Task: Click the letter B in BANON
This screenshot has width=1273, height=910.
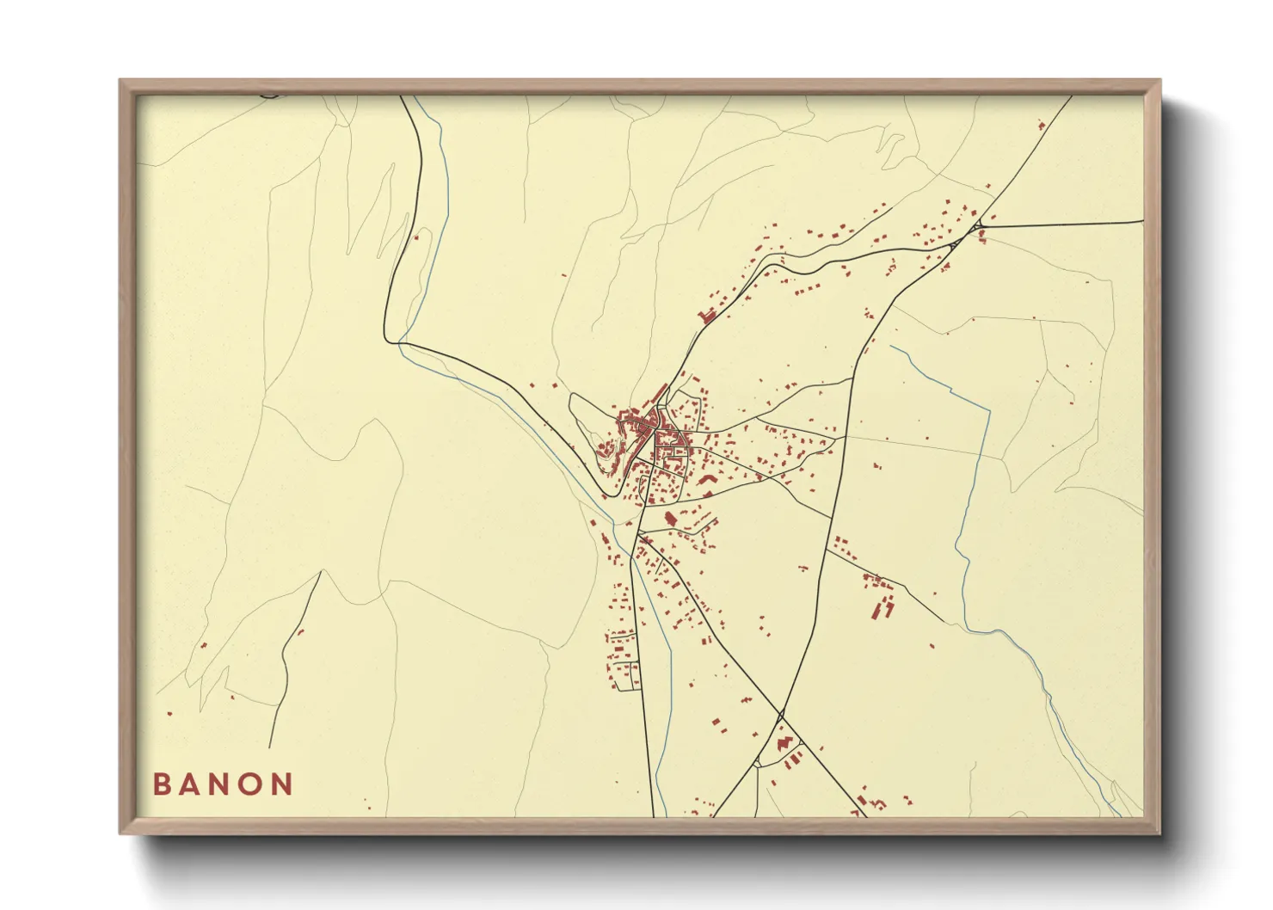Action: pyautogui.click(x=162, y=784)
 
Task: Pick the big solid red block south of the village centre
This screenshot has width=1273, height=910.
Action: pyautogui.click(x=670, y=518)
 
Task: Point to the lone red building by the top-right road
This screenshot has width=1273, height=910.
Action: pyautogui.click(x=1042, y=126)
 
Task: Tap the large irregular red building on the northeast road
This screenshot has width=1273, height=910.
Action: pyautogui.click(x=710, y=316)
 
